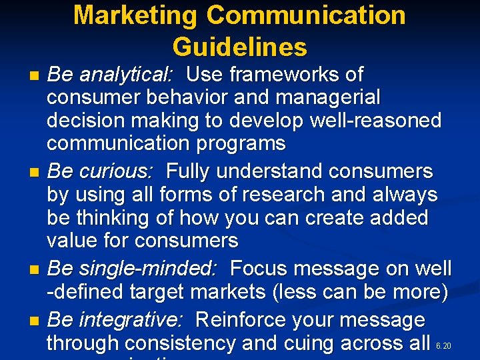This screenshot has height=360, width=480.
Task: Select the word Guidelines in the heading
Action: point(240,47)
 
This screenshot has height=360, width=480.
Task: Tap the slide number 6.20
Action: point(443,346)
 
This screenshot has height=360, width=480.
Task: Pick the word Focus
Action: point(259,269)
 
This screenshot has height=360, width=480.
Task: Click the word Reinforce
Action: point(243,319)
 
